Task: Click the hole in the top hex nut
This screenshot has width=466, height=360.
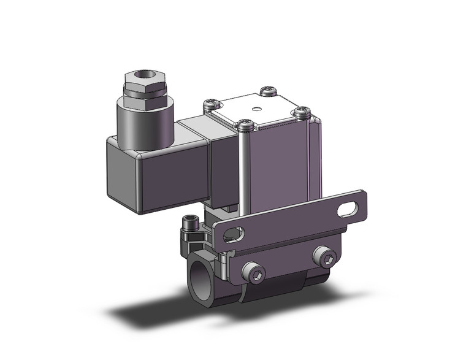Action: pos(145,77)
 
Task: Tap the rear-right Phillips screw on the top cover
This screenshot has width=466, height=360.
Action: pos(269,91)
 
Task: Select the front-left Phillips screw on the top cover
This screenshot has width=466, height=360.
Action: pos(245,125)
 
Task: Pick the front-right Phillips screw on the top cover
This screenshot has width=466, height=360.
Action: pos(300,112)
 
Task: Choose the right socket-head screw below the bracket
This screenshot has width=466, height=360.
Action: pos(325,258)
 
